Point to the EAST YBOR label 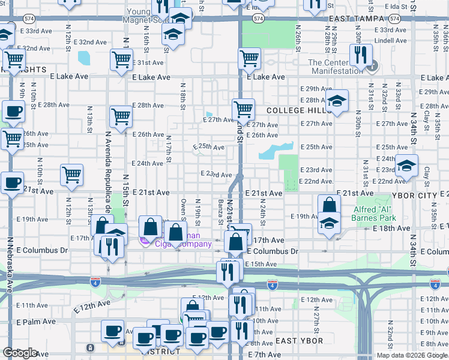(300, 341)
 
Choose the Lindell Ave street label (387, 41)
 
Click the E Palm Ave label (35, 322)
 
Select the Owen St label (183, 208)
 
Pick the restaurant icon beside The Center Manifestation (360, 55)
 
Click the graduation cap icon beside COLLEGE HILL (337, 100)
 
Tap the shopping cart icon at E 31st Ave (121, 59)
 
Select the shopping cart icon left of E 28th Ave (121, 116)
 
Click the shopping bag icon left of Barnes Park (329, 205)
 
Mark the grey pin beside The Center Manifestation (372, 65)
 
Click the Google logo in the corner (20, 353)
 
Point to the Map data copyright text (411, 355)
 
